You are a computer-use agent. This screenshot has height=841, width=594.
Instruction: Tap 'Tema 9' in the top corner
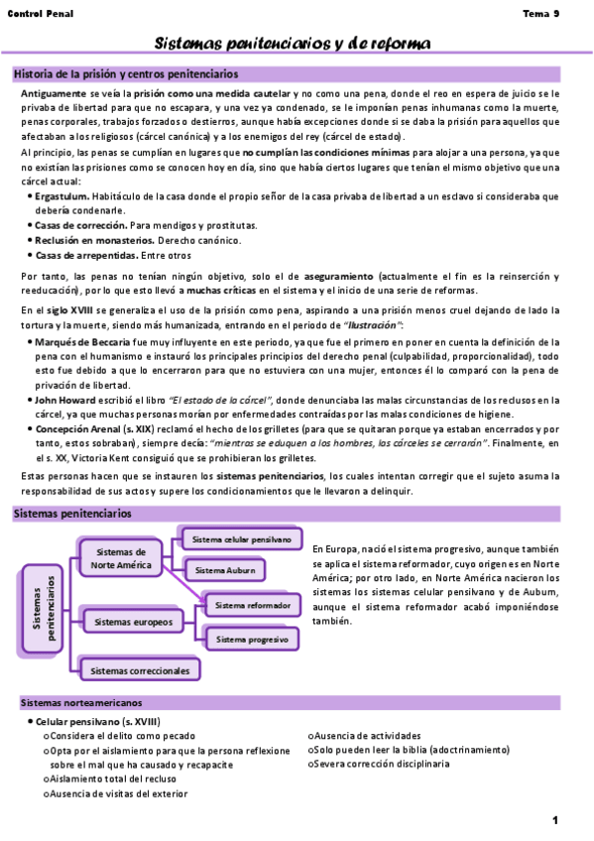(541, 13)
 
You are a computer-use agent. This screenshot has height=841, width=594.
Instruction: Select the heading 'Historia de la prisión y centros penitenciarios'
(126, 74)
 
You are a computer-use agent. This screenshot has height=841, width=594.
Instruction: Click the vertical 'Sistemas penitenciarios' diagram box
(39, 608)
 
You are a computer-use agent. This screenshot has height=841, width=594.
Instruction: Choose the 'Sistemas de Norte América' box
(118, 558)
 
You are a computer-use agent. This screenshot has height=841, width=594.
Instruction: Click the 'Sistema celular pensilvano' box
(242, 540)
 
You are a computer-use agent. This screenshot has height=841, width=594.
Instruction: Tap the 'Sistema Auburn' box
(225, 570)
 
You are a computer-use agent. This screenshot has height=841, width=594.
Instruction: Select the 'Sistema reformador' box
(252, 604)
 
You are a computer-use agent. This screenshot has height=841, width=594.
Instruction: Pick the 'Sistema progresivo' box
(252, 640)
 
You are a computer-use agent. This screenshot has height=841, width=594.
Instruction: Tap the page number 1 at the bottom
(555, 819)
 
